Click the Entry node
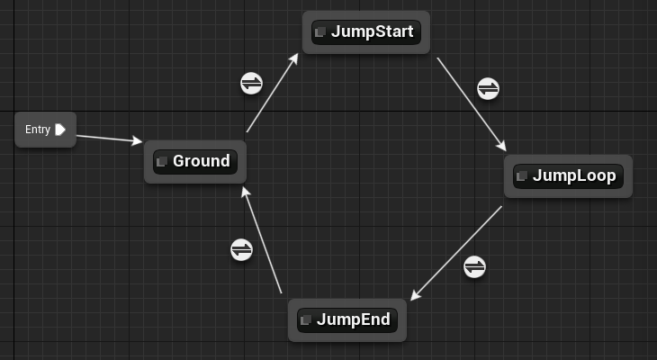(x=45, y=130)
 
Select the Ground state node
(x=195, y=162)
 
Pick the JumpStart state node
(x=366, y=32)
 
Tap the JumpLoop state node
(x=568, y=175)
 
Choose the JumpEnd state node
(x=347, y=319)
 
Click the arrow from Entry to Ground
(x=108, y=138)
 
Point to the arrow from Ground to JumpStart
(x=272, y=93)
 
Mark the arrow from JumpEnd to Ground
(x=263, y=240)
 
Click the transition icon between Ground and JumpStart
(x=252, y=83)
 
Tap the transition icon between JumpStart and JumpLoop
(x=488, y=88)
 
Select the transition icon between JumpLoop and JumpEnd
(x=474, y=266)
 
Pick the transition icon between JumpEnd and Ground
(x=241, y=249)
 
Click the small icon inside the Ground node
(x=162, y=162)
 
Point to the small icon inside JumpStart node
(x=319, y=32)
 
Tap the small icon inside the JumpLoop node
(x=521, y=175)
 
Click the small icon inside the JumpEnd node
(x=306, y=319)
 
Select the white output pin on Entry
(x=60, y=130)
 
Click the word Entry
(x=38, y=130)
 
